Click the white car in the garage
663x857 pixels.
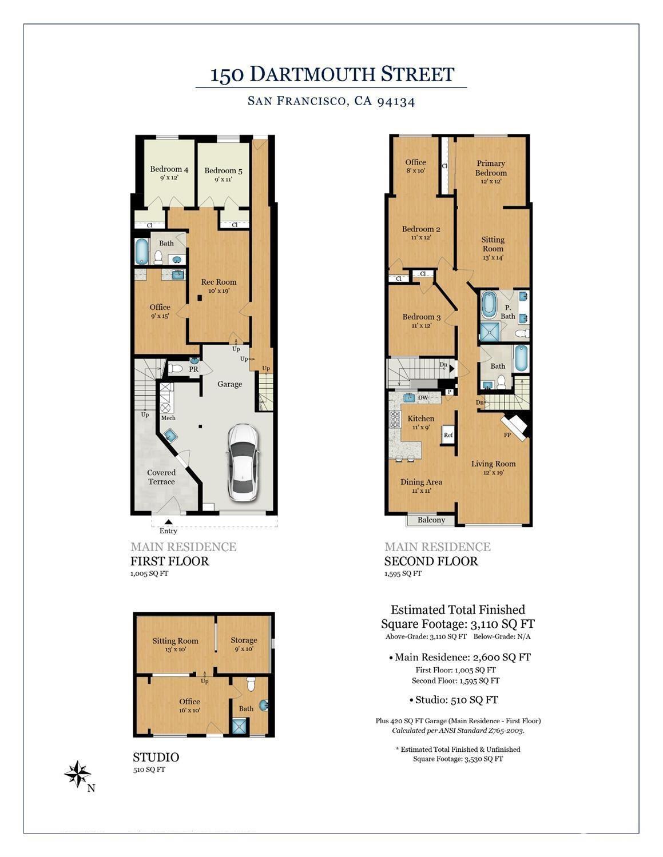coord(243,463)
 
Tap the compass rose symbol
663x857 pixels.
coord(77,774)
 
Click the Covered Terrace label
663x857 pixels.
coord(161,477)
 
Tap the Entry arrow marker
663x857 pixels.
coord(168,521)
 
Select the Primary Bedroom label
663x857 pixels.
coord(490,168)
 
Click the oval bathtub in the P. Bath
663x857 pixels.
coord(489,304)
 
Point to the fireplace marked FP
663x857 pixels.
coord(514,426)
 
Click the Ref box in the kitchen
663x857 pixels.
coord(448,435)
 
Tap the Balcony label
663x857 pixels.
coord(431,520)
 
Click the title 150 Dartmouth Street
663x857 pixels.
coord(332,74)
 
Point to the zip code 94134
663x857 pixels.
coord(395,101)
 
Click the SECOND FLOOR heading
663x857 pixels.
coord(431,561)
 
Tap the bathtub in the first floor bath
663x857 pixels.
coord(141,251)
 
